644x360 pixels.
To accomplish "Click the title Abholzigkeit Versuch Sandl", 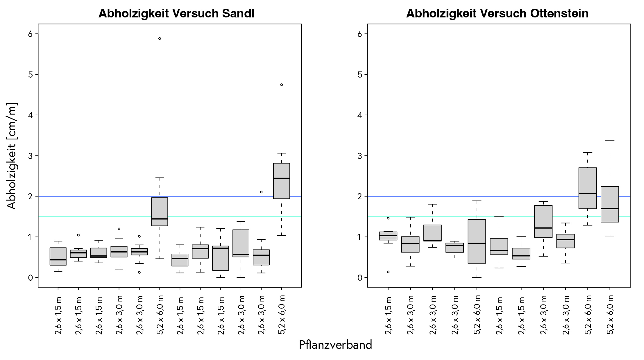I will [176, 14].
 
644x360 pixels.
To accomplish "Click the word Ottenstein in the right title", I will [559, 14].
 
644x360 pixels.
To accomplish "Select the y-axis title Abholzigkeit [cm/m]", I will [12, 156].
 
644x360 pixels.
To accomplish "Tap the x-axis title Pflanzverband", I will [335, 345].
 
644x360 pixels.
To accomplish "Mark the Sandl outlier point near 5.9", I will [160, 38].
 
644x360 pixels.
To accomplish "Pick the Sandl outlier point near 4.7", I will [281, 85].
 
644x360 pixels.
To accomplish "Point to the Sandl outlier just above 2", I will [261, 192].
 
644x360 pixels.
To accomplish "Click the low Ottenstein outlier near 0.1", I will [388, 272].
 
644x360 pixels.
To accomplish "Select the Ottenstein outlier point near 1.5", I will [388, 218].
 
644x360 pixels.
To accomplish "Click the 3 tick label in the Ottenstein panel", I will [360, 156].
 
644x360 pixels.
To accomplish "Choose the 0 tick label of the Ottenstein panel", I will [360, 278].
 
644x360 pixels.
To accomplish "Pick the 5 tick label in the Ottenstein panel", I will [360, 75].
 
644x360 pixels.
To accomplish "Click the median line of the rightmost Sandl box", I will [281, 178].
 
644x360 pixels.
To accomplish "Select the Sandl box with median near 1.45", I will [160, 212].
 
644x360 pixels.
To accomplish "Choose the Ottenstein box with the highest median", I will [588, 188].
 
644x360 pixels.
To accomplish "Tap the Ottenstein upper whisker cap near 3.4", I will [610, 140].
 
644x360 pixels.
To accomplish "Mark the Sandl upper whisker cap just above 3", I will [281, 153].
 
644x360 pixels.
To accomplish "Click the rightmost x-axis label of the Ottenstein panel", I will [610, 315].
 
